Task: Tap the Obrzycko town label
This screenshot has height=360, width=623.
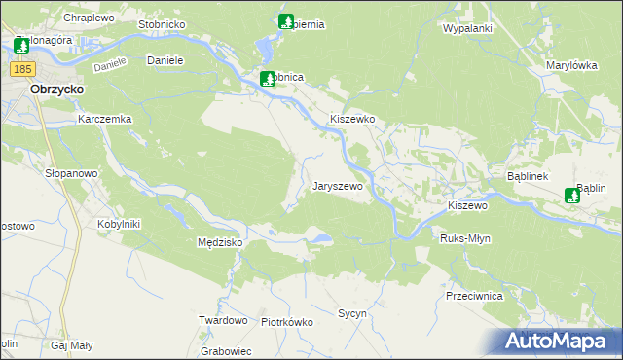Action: click(55, 88)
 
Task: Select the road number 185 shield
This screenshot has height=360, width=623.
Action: click(24, 69)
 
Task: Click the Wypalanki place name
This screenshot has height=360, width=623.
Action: click(467, 29)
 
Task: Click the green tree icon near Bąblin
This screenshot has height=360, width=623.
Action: click(572, 196)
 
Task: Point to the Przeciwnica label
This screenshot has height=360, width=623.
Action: click(472, 295)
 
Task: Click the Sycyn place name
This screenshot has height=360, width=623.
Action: click(351, 314)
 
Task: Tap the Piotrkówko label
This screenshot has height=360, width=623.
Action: click(286, 322)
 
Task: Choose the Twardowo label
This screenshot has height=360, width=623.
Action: click(223, 320)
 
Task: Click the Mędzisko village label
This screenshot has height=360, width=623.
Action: click(220, 242)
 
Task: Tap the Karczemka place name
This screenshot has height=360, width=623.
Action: click(104, 119)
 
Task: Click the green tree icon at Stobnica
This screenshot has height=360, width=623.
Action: click(268, 78)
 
